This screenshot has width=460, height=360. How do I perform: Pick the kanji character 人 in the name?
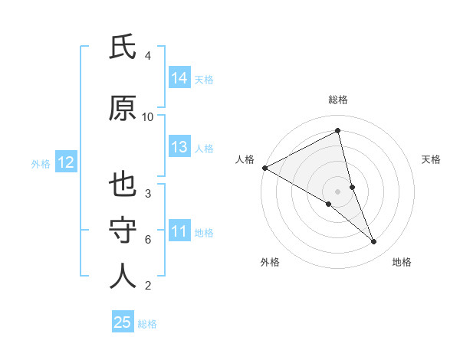click(x=123, y=277)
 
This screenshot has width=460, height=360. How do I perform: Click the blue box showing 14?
click(x=179, y=78)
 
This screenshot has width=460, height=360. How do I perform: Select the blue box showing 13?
click(x=179, y=147)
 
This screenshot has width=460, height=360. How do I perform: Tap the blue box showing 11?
click(x=179, y=231)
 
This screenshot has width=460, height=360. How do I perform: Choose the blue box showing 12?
click(x=65, y=162)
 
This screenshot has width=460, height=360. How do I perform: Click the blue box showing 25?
click(x=123, y=322)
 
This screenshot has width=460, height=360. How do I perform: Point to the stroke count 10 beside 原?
click(x=148, y=117)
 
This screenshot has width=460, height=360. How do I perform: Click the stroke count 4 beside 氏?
click(x=148, y=56)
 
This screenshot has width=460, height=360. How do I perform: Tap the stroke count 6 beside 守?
click(x=148, y=240)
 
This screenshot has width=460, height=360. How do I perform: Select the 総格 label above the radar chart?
click(x=338, y=100)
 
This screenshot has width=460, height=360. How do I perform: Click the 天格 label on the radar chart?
click(x=432, y=159)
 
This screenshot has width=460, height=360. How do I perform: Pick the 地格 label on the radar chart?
click(x=402, y=262)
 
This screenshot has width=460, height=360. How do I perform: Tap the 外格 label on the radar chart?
click(x=270, y=262)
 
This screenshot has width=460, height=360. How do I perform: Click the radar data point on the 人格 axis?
click(x=264, y=168)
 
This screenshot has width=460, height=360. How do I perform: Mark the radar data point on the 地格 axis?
click(x=374, y=242)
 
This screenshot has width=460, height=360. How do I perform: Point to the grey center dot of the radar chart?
click(x=337, y=191)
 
